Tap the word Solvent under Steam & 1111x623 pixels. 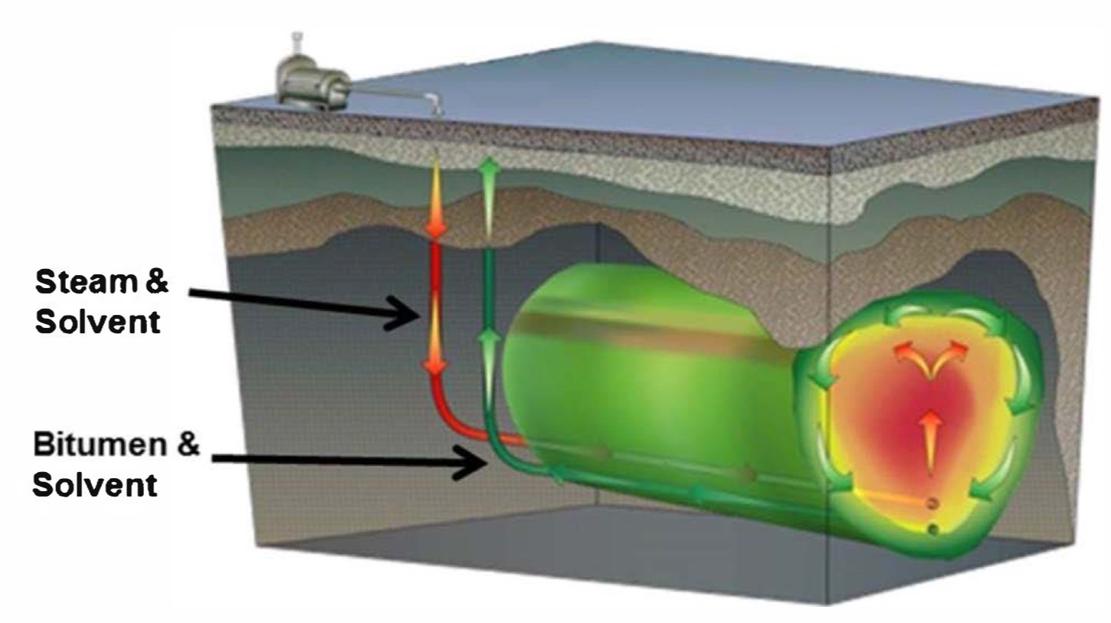(98, 322)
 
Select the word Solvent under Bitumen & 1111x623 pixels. (95, 484)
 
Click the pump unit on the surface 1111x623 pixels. (310, 85)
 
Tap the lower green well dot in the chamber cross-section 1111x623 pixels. (932, 530)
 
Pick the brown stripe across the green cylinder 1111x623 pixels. (651, 330)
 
